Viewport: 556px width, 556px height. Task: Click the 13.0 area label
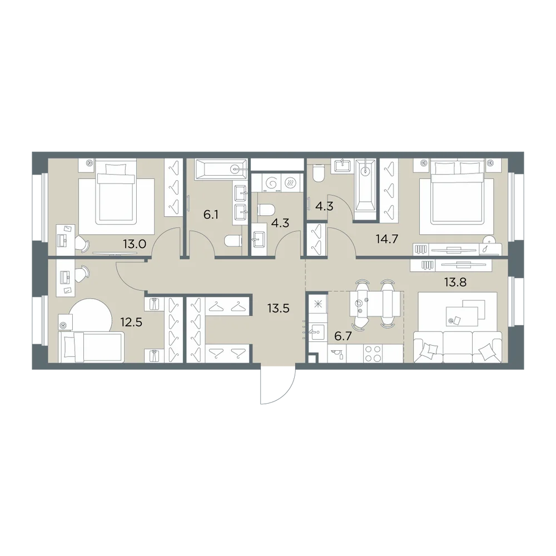135,244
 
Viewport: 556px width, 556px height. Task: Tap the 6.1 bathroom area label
211,215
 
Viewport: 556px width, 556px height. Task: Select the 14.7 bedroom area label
387,239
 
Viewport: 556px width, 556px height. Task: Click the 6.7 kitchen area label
343,336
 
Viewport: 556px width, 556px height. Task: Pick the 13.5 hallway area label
279,308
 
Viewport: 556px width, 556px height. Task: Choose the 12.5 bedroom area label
131,322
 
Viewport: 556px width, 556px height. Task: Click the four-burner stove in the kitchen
373,354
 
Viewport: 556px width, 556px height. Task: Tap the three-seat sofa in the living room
458,347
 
